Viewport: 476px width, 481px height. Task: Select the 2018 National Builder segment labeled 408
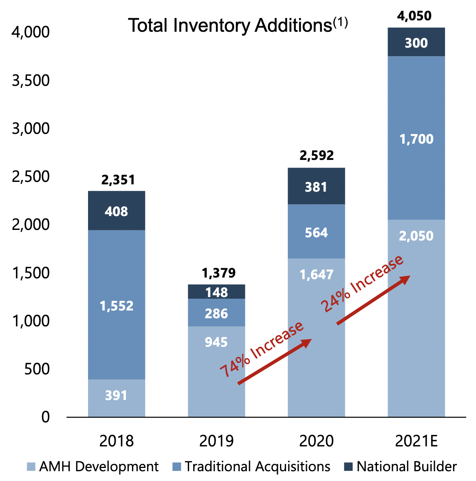tap(117, 211)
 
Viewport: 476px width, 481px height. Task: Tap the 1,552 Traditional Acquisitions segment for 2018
tap(117, 305)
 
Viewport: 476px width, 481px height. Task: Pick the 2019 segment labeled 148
tap(216, 292)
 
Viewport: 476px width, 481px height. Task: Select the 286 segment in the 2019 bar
tap(216, 313)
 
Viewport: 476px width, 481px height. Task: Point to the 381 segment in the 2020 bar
tap(316, 186)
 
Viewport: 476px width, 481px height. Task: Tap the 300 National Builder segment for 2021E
tap(416, 42)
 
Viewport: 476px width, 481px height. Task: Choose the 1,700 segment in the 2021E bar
tap(416, 139)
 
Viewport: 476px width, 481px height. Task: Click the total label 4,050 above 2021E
tap(414, 16)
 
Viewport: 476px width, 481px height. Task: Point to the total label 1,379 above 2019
tap(218, 273)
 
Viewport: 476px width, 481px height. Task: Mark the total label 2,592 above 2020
tap(317, 155)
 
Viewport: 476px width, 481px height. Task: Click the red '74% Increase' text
tap(262, 350)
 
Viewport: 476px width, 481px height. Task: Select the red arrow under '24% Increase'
tap(373, 300)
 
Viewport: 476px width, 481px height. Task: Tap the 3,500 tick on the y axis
tap(31, 80)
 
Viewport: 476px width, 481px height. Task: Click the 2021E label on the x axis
tap(416, 441)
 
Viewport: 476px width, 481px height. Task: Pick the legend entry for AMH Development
tap(93, 466)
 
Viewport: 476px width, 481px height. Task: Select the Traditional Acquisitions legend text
tap(257, 466)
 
